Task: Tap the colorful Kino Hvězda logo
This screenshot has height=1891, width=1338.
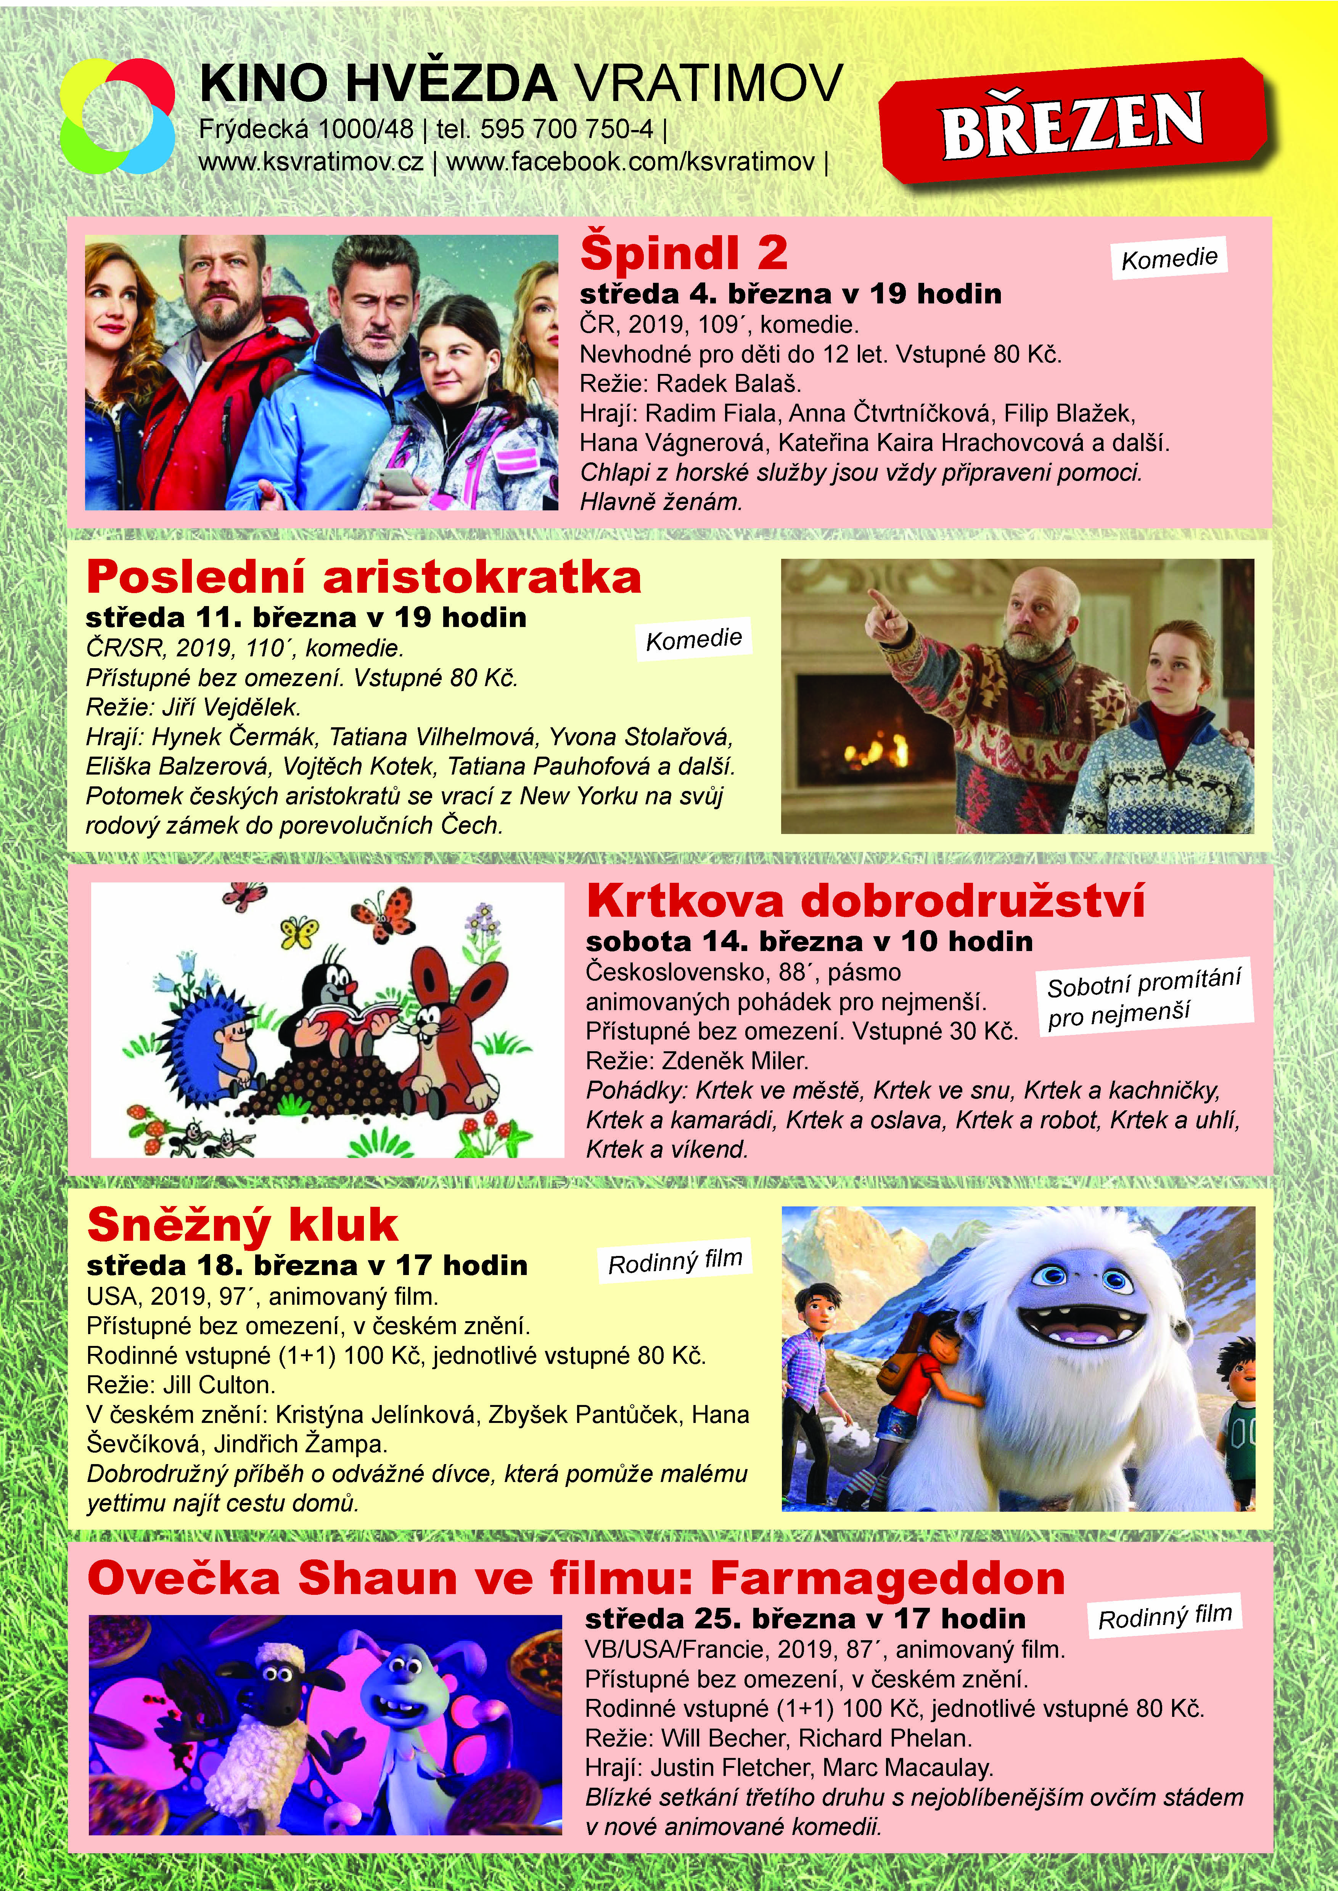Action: coord(117,117)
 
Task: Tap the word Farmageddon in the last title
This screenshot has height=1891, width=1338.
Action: coord(887,1578)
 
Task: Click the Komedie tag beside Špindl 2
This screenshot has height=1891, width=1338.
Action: coord(1169,258)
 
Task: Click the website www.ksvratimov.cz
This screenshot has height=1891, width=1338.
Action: coord(312,162)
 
